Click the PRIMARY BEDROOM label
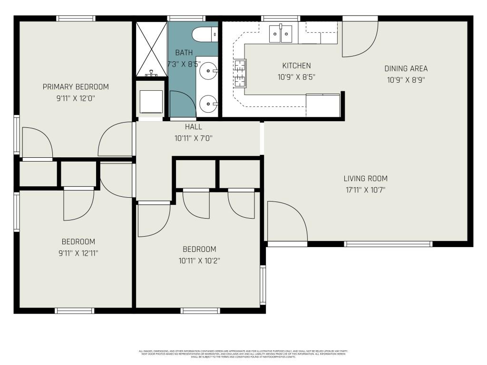[x=76, y=86]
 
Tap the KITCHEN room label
[x=296, y=66]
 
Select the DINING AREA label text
[x=406, y=68]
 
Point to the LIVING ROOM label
[x=365, y=179]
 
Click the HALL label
[x=193, y=127]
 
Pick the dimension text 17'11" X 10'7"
[x=365, y=190]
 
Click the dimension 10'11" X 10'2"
[x=199, y=260]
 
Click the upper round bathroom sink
[x=208, y=72]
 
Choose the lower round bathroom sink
[x=208, y=102]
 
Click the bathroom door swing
[x=182, y=105]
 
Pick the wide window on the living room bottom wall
[x=388, y=244]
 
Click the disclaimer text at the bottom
[x=243, y=354]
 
